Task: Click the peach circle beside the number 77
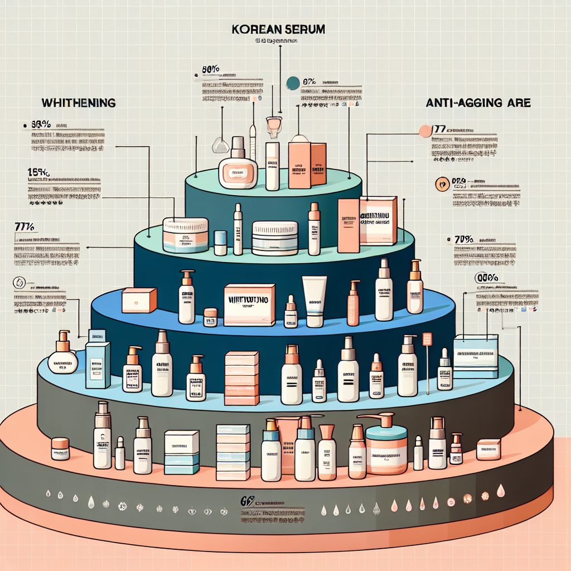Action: click(x=424, y=132)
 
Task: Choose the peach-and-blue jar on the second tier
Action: click(x=186, y=235)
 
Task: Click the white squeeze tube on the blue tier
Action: click(x=314, y=302)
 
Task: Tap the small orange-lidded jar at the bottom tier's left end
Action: click(x=60, y=448)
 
